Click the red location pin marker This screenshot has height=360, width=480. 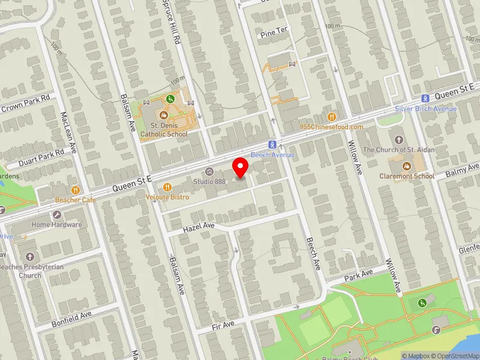coord(241,167)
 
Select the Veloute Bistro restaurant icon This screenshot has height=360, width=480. coord(167,187)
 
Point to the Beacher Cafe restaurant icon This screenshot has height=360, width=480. coord(75,190)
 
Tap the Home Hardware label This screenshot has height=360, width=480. coord(57,225)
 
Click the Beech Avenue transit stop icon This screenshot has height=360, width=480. coord(272,145)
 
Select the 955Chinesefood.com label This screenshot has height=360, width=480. coord(332,127)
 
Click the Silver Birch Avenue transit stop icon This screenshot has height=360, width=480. coord(425,98)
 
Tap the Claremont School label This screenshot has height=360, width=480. coord(407,176)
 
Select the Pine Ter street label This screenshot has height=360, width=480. coord(274,34)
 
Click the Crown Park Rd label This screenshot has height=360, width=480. coord(25,103)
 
